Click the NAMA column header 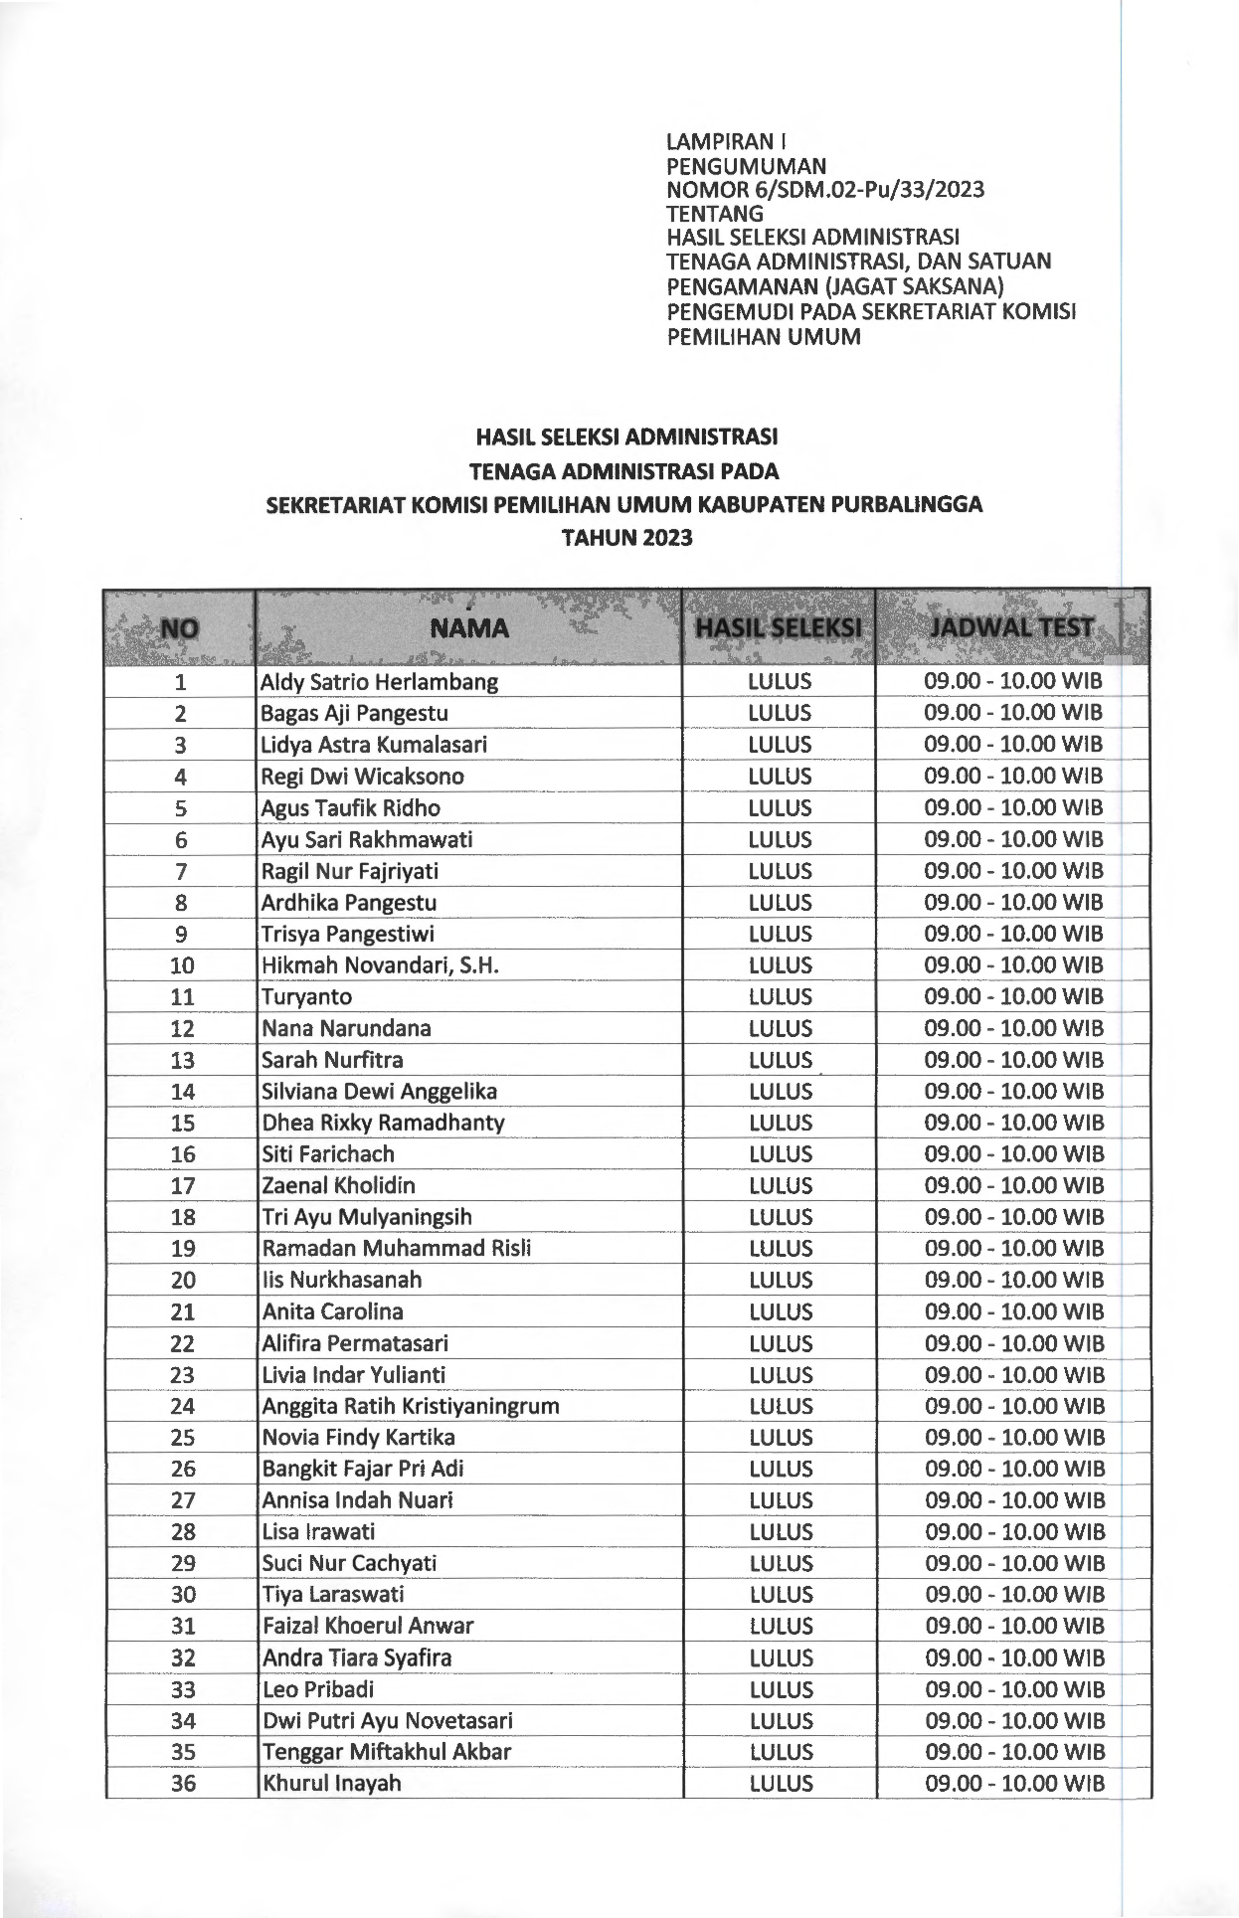click(468, 628)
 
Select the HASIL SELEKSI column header click(779, 628)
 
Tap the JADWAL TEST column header click(1011, 627)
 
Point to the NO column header click(179, 628)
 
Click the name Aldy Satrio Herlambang click(379, 682)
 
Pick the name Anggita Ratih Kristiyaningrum click(410, 1406)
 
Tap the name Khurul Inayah click(331, 1783)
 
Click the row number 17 click(183, 1186)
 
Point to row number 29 click(183, 1563)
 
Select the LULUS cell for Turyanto click(781, 996)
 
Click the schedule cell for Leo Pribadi click(1014, 1689)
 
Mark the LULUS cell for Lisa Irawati click(781, 1532)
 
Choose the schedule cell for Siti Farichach click(1014, 1154)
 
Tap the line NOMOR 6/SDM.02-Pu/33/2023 click(825, 190)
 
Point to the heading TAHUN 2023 click(626, 539)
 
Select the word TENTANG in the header click(715, 214)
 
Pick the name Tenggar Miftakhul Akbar click(386, 1752)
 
